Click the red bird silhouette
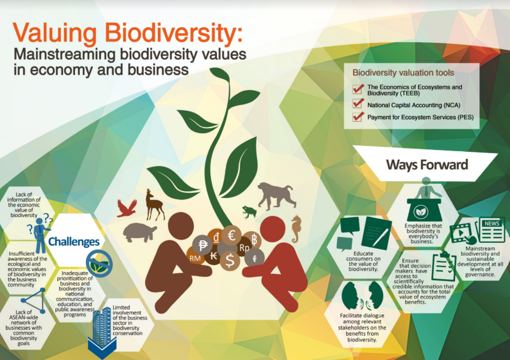(127, 208)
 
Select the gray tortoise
(140, 232)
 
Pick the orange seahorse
(296, 228)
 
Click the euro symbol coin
(232, 234)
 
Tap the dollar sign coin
(230, 259)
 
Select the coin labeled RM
(195, 258)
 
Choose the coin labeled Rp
(244, 248)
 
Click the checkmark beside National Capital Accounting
(358, 104)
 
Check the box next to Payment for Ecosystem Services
(358, 117)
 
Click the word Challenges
(74, 242)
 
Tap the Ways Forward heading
(427, 165)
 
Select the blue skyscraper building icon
(102, 327)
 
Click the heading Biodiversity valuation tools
(403, 73)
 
